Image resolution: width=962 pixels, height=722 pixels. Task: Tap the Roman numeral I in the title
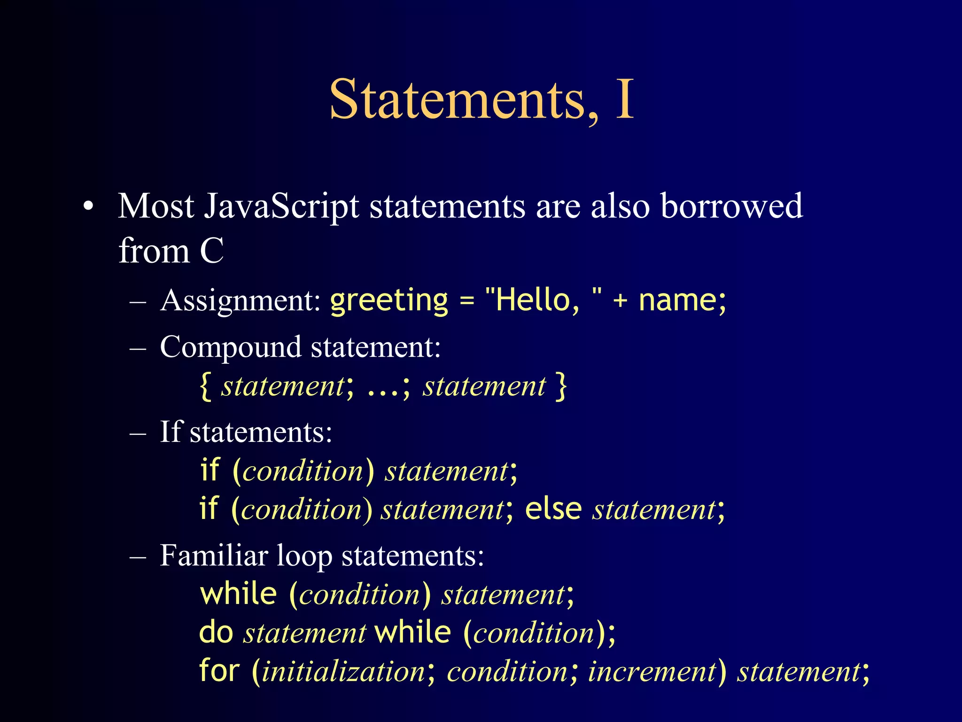624,100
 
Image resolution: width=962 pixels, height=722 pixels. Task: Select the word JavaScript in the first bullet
281,207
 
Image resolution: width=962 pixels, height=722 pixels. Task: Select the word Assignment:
240,301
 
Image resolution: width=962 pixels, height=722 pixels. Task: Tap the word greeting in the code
389,301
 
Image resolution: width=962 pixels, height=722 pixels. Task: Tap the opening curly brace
205,386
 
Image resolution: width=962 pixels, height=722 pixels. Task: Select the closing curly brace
561,386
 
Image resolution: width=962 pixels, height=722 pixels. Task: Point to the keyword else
553,509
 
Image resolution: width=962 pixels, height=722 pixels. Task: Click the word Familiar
214,556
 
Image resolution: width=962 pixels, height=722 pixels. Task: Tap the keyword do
216,632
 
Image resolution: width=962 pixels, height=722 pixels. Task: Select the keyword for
219,670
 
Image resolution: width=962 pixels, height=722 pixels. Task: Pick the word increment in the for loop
652,671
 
